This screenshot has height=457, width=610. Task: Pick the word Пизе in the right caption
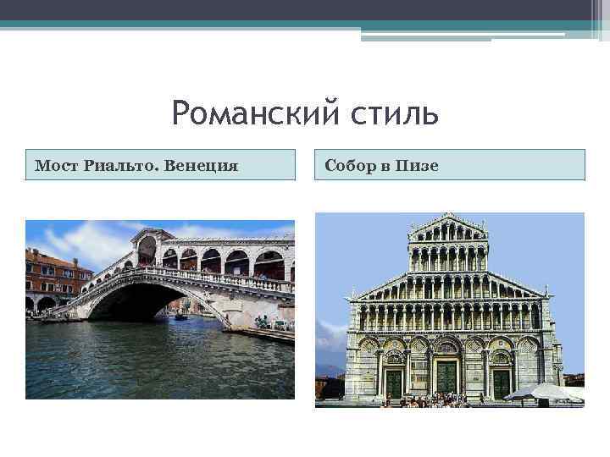pyautogui.click(x=418, y=166)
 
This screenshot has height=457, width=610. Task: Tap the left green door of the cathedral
pyautogui.click(x=395, y=383)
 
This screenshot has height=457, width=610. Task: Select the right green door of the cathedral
pyautogui.click(x=502, y=383)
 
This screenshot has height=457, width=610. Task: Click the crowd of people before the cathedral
pyautogui.click(x=441, y=400)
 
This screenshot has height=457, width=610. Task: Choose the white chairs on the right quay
pyautogui.click(x=275, y=324)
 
